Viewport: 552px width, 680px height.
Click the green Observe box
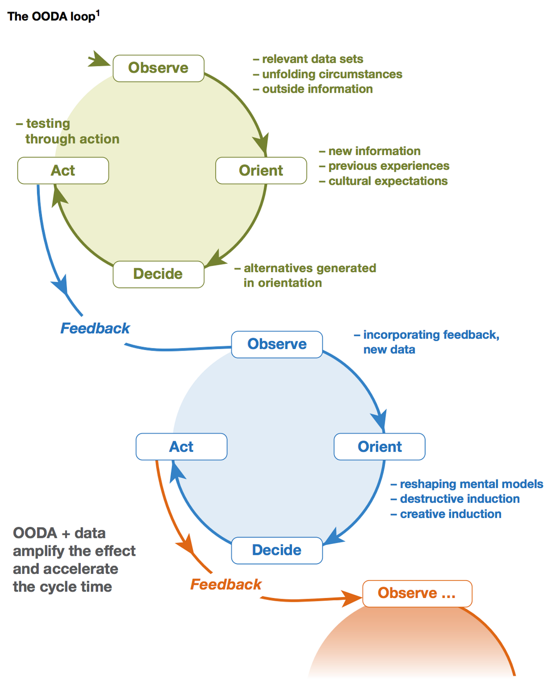coord(158,68)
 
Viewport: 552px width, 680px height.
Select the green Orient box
coord(261,170)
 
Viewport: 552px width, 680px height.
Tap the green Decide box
coord(158,274)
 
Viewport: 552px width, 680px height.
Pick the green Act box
coord(63,170)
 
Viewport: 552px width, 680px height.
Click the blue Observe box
coord(277,344)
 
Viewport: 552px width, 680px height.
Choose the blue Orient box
coord(379,446)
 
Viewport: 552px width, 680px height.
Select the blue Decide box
coord(277,550)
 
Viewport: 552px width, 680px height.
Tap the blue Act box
coord(181,446)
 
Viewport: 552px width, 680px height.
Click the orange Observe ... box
coord(417,593)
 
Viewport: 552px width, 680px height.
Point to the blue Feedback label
coord(95,329)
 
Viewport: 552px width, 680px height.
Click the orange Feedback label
coord(226,585)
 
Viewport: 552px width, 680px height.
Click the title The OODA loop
coord(53,16)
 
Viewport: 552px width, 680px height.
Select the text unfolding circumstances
coord(332,74)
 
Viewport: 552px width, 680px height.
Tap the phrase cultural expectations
coord(388,181)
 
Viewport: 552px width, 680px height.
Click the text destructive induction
coord(459,499)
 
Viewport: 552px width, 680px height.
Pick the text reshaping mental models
coord(471,484)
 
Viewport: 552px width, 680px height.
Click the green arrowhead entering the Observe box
coord(99,60)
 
